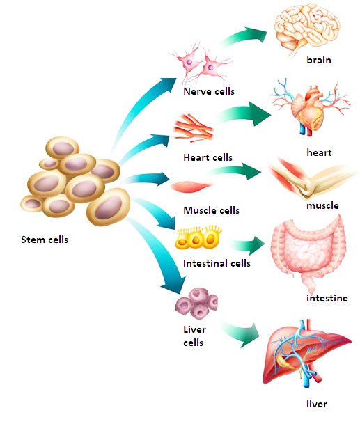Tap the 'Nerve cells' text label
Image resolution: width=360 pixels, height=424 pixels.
(209, 91)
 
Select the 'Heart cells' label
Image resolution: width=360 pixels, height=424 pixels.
(208, 157)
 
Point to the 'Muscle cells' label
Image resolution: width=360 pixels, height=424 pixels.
(211, 210)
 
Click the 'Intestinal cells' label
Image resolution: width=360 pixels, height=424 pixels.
(217, 264)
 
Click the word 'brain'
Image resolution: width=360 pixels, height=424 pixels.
(319, 61)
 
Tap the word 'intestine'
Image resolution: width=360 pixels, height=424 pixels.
(327, 299)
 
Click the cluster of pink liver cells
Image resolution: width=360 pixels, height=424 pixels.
(196, 302)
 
